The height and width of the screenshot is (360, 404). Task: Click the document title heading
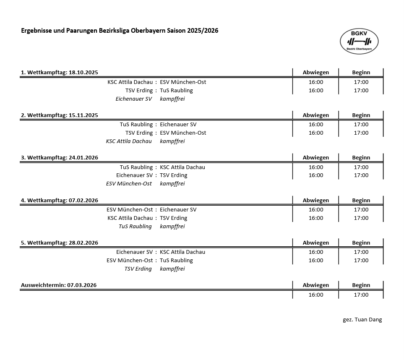120,31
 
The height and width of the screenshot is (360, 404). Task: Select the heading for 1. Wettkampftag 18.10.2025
60,72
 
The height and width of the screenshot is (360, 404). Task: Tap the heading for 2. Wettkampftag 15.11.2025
60,115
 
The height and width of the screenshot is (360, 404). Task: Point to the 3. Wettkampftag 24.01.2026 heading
60,157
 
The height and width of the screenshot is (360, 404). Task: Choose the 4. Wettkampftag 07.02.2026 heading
60,200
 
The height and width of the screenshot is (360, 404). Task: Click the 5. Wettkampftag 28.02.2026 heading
60,243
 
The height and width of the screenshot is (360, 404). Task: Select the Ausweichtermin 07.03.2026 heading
59,285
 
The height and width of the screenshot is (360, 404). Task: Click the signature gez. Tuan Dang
362,319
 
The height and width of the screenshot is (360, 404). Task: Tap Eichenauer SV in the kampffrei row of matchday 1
133,99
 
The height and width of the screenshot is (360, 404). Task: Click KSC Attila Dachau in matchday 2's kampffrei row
129,141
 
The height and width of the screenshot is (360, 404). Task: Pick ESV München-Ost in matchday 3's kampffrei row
129,184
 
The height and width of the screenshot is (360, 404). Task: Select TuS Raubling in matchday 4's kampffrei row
135,227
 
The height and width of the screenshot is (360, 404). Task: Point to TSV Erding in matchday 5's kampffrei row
138,269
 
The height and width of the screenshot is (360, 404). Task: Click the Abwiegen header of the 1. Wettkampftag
316,72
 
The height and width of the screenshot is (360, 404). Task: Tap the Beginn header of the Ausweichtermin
361,285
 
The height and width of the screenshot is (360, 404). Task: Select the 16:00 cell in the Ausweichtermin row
316,295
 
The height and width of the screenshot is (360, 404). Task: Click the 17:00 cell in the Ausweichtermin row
361,295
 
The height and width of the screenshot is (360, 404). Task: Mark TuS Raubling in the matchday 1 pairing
176,91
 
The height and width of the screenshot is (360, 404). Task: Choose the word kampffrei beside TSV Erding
172,269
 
